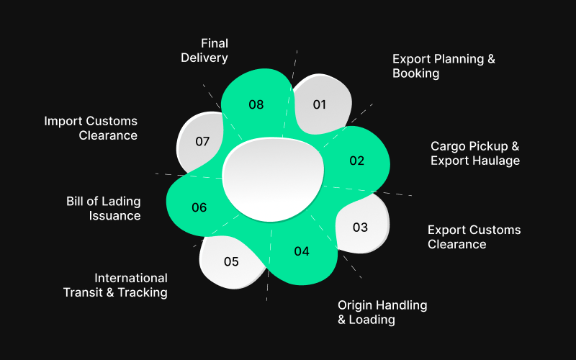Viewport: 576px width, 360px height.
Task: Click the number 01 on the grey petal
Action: coord(320,104)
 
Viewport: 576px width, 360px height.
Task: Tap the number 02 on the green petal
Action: coord(357,161)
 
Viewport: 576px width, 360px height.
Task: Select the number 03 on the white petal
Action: coord(360,228)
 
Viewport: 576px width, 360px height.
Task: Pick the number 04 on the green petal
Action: coord(302,251)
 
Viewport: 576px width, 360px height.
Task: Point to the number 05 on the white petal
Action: coord(231,261)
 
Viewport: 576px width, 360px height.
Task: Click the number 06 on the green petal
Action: coord(199,207)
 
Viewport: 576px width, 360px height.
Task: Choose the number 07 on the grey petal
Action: coord(202,141)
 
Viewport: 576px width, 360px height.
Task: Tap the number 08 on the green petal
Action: coord(256,104)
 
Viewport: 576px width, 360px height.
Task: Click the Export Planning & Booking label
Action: coord(444,66)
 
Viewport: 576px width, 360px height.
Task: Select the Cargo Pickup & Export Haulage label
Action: coord(475,153)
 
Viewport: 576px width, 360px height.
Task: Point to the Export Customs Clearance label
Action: coord(474,237)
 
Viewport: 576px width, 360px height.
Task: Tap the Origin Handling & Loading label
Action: coord(382,312)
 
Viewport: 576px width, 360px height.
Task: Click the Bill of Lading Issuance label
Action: coord(104,208)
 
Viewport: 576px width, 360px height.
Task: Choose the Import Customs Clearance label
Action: coord(91,128)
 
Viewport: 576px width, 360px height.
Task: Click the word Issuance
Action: coord(115,215)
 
